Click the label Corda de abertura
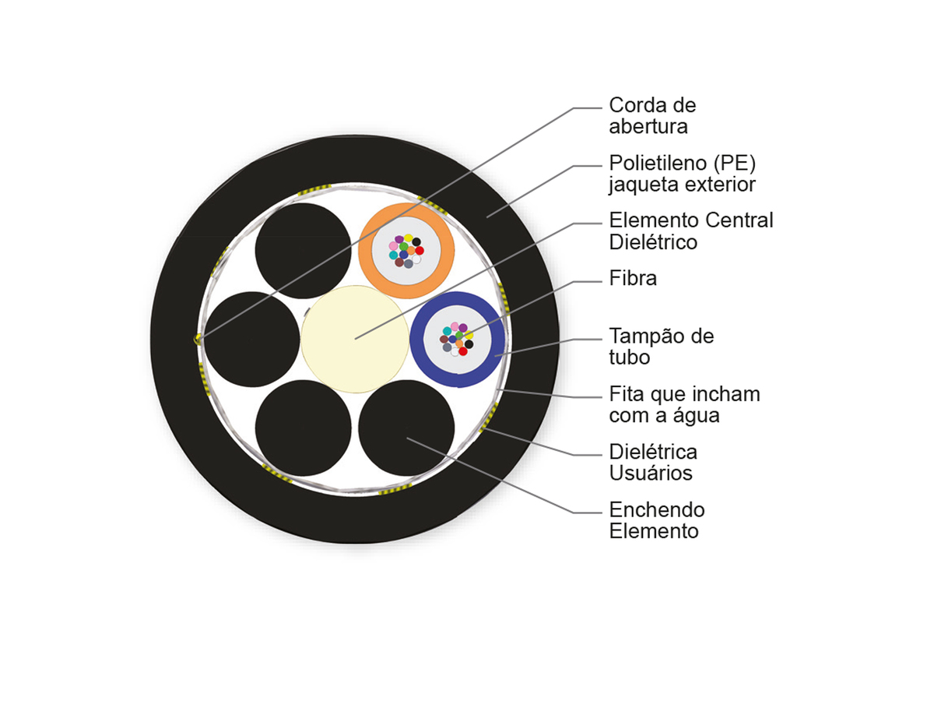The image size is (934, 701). (652, 116)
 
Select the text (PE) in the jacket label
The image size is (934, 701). (735, 164)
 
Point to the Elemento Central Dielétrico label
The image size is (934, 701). (691, 231)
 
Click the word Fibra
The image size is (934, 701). (633, 278)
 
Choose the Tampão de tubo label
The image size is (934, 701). (662, 347)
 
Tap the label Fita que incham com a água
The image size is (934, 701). (684, 404)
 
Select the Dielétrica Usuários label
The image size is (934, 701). (653, 462)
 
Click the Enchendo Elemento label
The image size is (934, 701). (657, 520)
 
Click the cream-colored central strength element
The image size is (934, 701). (355, 340)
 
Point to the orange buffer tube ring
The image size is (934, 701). (406, 211)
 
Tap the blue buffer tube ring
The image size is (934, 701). (458, 299)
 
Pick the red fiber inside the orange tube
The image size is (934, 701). (420, 250)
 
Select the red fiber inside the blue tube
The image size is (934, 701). (463, 351)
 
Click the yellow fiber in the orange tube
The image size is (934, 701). (408, 238)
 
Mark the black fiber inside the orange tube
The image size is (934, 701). (416, 241)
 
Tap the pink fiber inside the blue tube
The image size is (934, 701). (455, 326)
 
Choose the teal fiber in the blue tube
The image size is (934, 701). (447, 331)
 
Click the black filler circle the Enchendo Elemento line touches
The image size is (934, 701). (406, 428)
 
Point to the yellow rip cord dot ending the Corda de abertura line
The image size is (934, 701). (197, 340)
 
